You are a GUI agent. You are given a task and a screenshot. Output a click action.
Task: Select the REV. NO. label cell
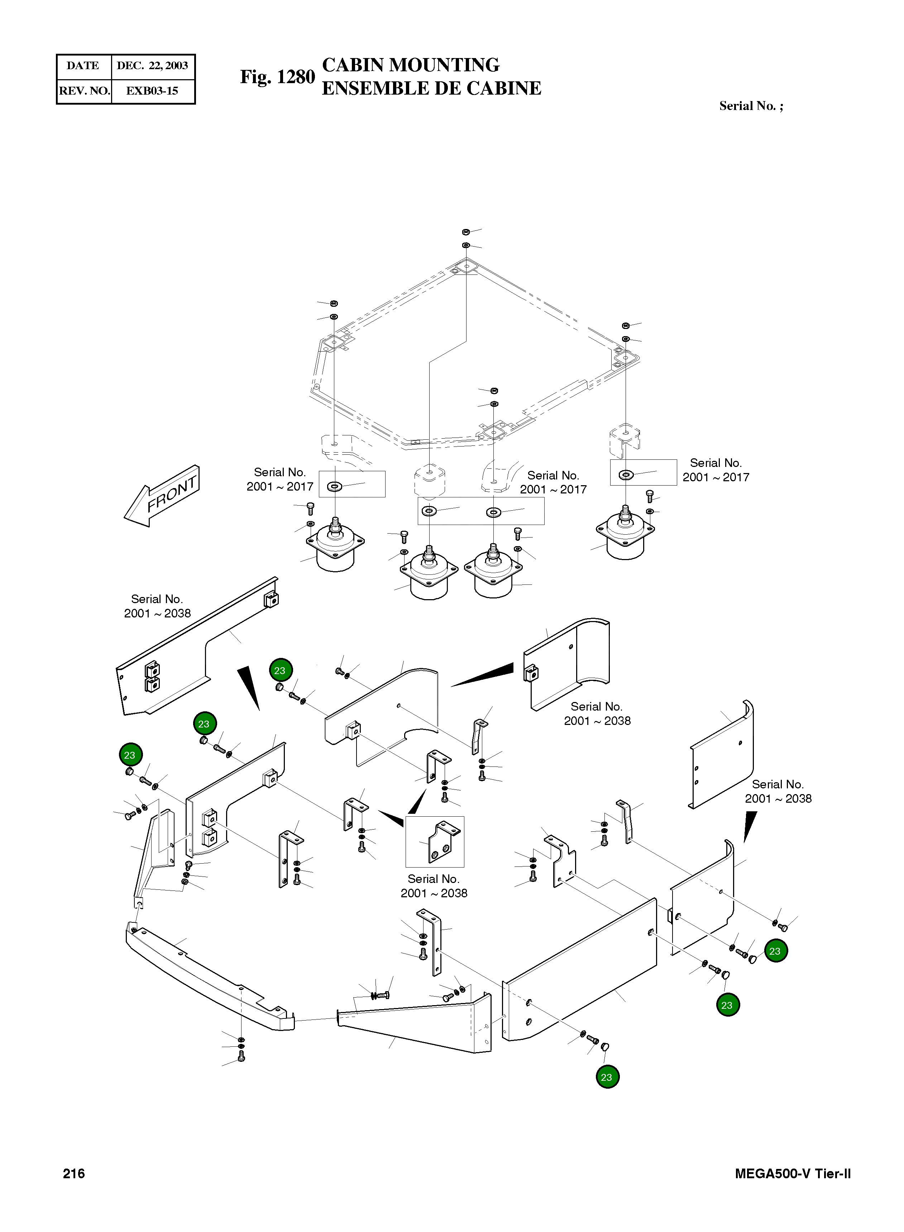coord(84,91)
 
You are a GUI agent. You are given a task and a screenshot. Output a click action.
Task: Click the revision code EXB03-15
coord(152,91)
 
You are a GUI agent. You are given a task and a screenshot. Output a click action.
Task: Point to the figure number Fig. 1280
coord(277,77)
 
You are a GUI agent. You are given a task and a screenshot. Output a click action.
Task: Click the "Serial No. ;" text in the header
coord(751,106)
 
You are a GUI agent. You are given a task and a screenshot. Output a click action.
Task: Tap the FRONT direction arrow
coord(163,496)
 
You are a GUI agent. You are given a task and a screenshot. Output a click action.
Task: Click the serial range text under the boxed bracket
coord(434,885)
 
